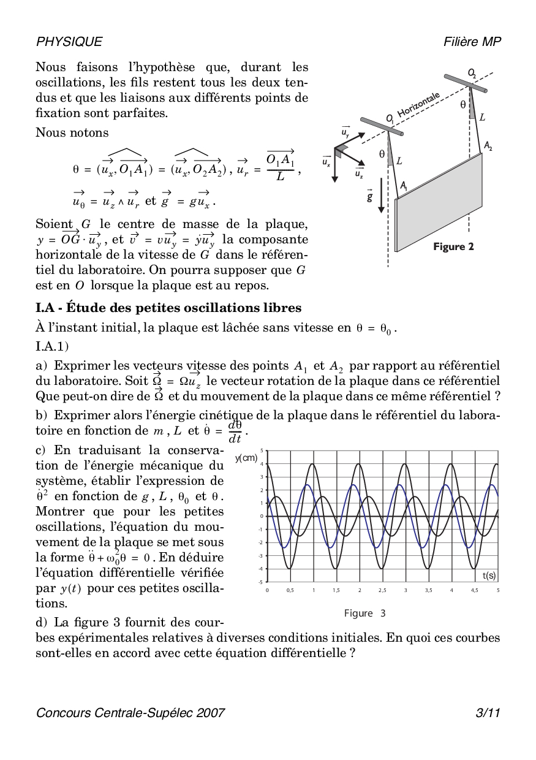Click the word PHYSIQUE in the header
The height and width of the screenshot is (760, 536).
(x=69, y=42)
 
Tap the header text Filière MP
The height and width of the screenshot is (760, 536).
(x=472, y=42)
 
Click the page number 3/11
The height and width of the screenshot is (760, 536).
(x=488, y=712)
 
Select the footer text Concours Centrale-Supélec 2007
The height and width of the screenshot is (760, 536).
(x=130, y=712)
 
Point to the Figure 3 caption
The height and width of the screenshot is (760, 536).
(x=364, y=613)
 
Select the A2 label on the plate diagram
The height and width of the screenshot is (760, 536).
(x=488, y=146)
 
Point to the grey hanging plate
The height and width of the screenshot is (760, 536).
(x=438, y=202)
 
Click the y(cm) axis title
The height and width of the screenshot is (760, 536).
(x=246, y=458)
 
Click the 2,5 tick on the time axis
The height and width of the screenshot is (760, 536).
(x=382, y=590)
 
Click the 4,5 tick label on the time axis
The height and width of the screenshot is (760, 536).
(x=475, y=590)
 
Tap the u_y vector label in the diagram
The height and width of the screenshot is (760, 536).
(x=345, y=131)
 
